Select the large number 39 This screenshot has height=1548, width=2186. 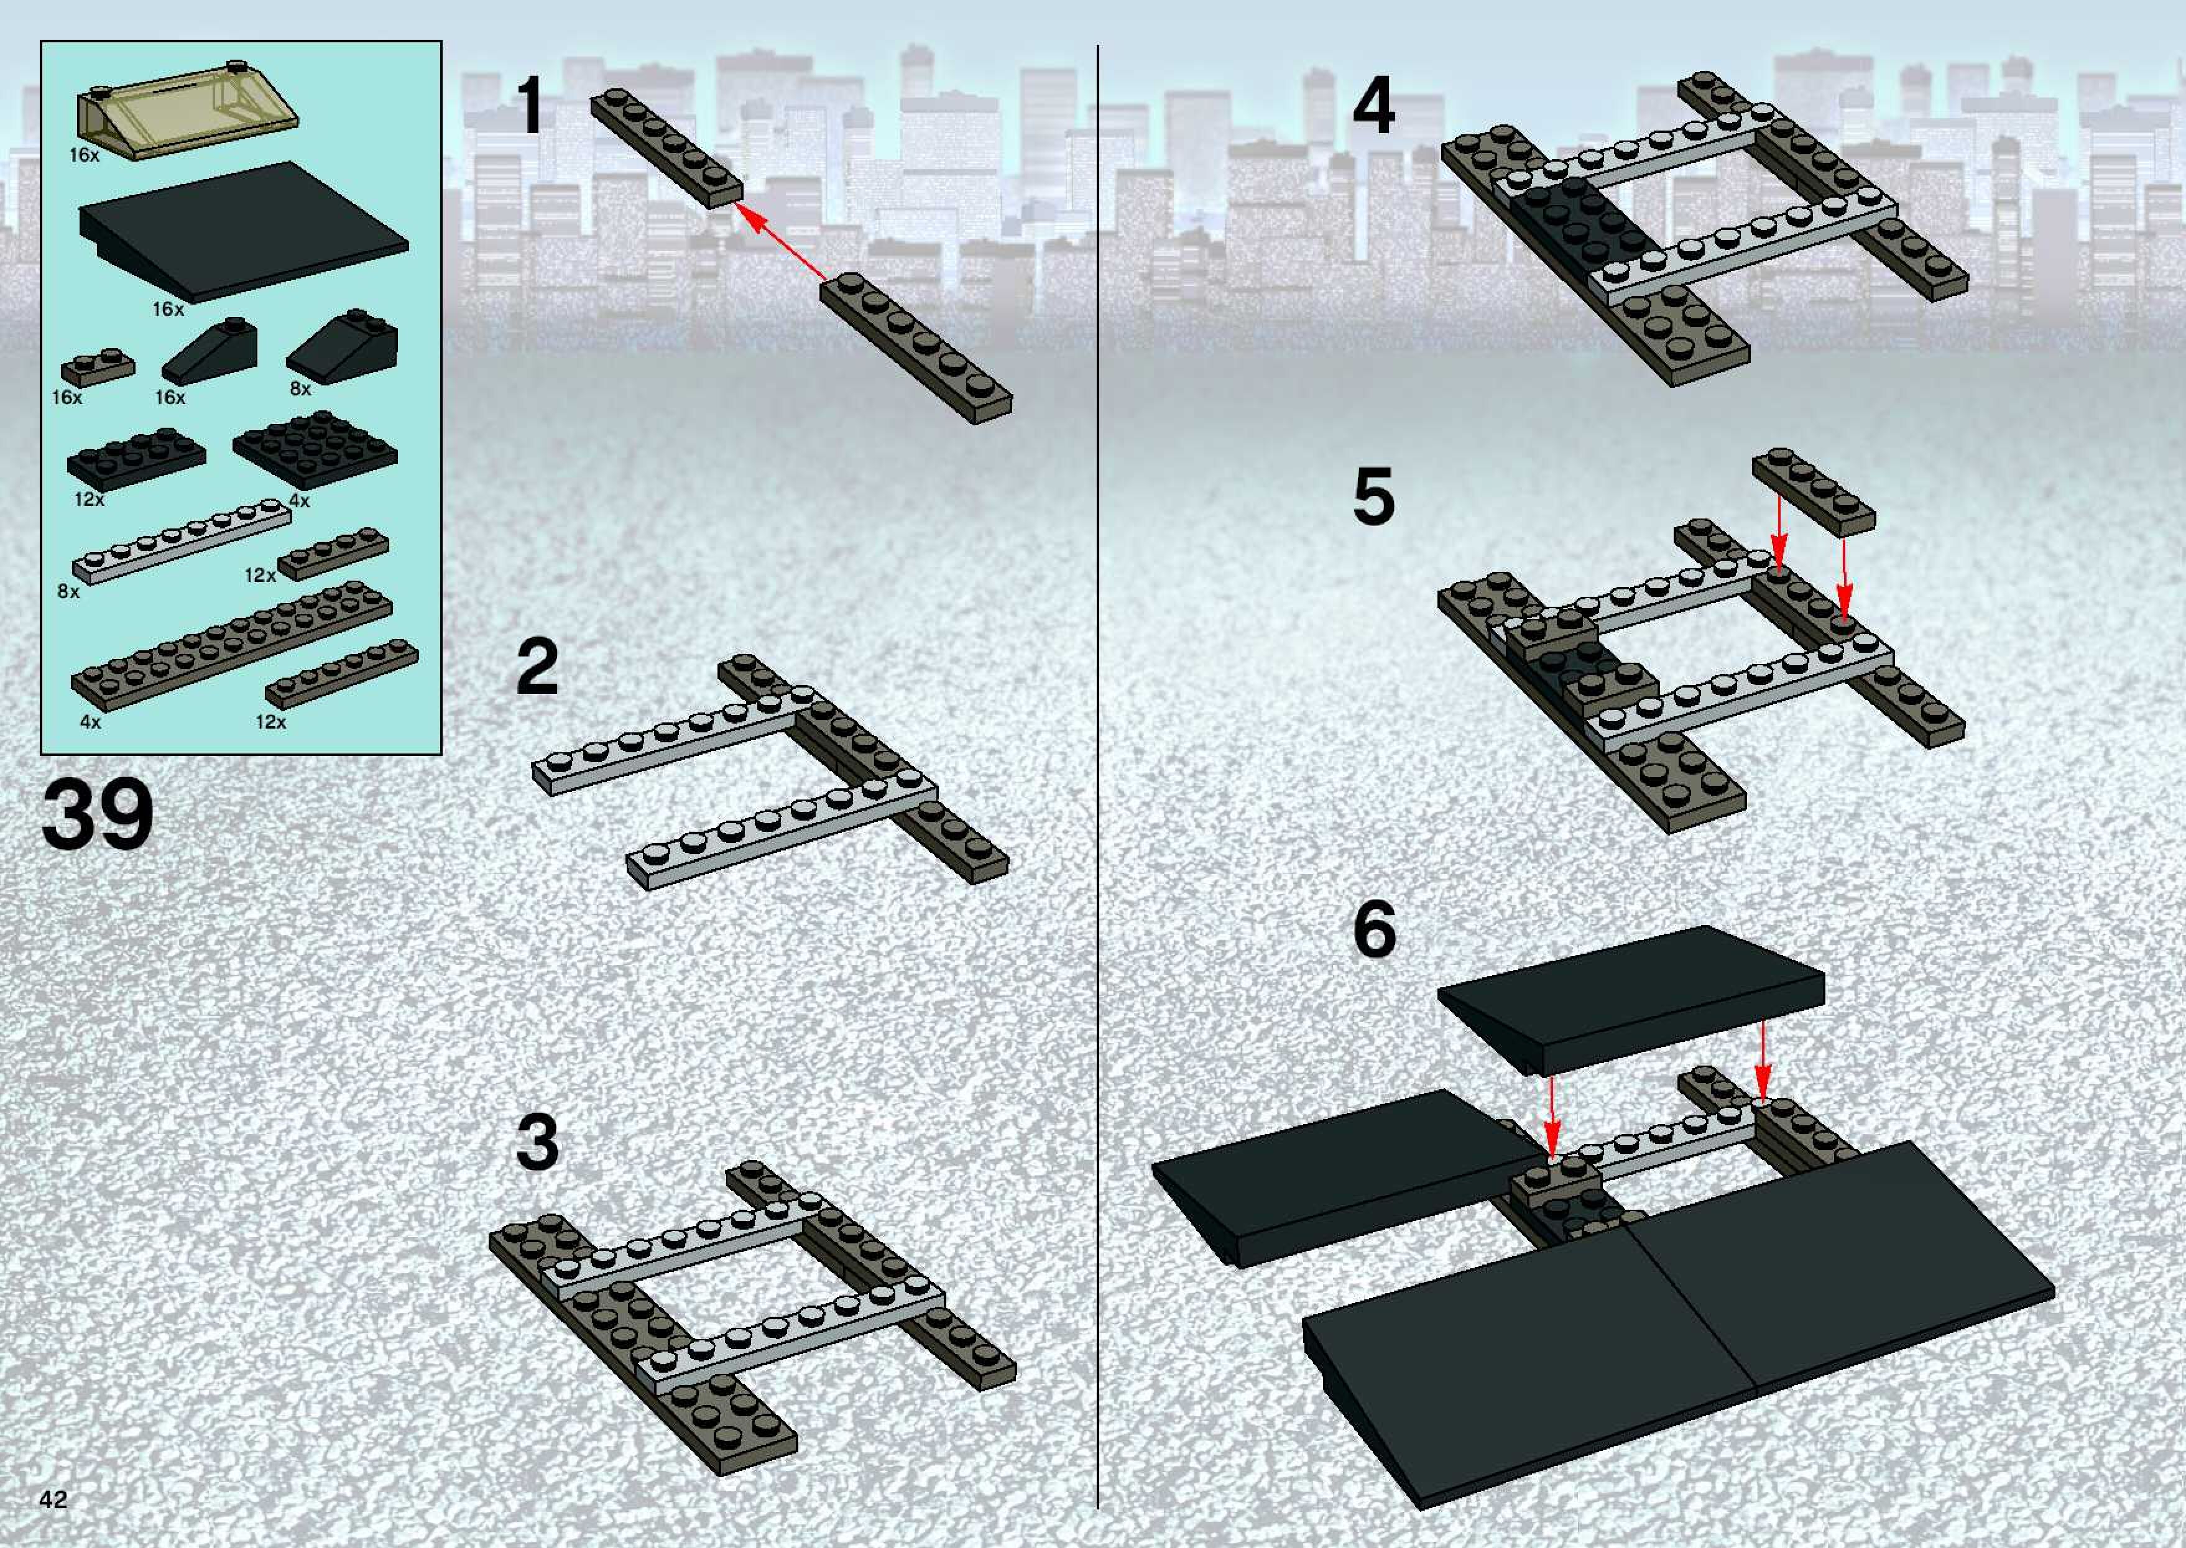tap(97, 816)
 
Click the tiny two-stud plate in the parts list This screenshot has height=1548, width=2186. tap(97, 367)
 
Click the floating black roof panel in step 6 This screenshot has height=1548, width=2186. tap(1630, 997)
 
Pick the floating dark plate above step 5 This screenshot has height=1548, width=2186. tap(1813, 491)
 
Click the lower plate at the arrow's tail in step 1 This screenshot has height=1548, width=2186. tap(915, 348)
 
